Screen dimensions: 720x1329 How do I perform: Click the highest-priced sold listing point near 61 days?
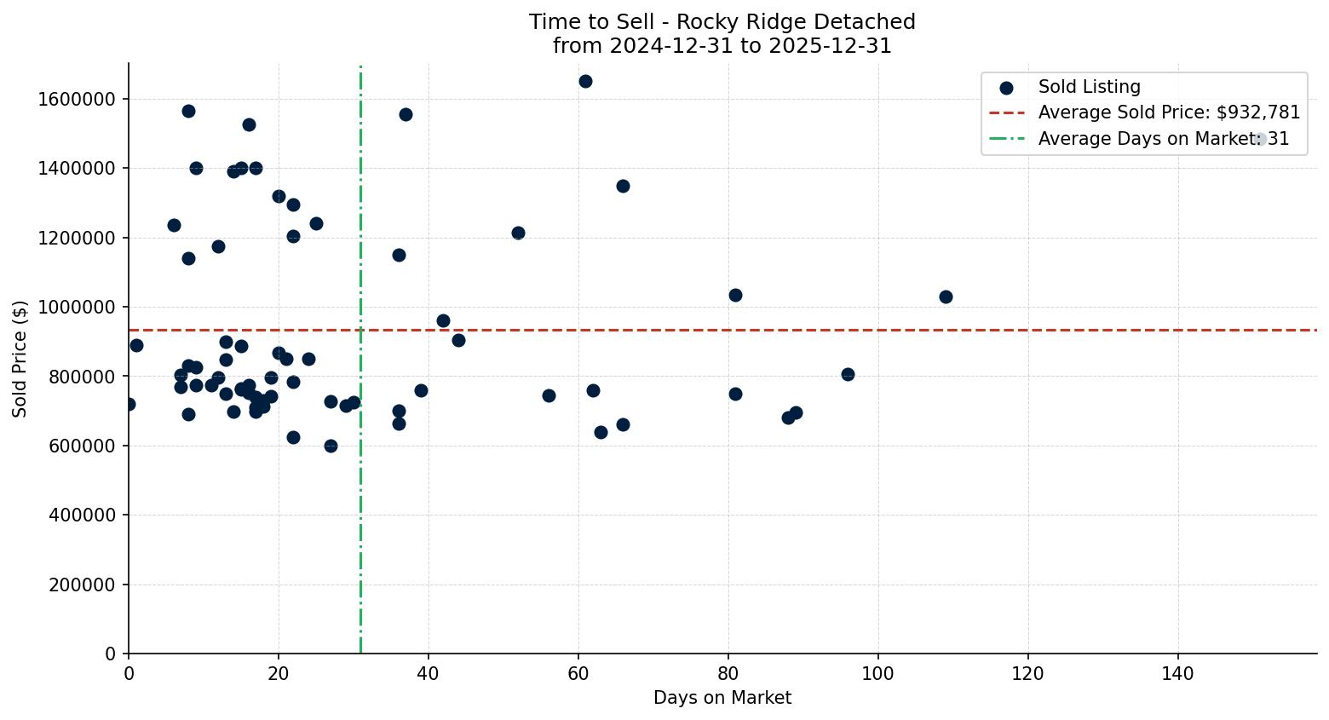[585, 82]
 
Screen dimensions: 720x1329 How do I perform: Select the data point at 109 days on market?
[946, 297]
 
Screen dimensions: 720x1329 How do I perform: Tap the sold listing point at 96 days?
[848, 374]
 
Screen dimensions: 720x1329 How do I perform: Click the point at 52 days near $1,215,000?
[518, 233]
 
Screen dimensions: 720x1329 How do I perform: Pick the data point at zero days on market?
[129, 404]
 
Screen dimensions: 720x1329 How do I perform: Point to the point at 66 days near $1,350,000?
[623, 186]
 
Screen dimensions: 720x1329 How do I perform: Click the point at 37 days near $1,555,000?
[406, 114]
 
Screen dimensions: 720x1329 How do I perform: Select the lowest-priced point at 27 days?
[331, 446]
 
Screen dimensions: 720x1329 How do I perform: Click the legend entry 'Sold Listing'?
[1088, 87]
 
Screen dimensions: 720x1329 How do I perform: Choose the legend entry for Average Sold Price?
[1168, 112]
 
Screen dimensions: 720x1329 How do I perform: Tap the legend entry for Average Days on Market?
[1163, 139]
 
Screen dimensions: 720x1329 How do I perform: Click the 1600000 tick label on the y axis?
[77, 99]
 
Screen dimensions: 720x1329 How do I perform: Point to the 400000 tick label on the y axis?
[81, 516]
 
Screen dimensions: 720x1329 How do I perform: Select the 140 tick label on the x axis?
[1178, 672]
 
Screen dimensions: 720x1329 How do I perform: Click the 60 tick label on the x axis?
[578, 672]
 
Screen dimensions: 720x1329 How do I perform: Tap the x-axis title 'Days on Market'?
[722, 698]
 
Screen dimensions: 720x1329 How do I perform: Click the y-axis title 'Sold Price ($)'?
[20, 359]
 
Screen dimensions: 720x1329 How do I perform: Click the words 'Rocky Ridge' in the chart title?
[725, 22]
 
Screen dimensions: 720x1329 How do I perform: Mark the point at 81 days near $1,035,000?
[735, 295]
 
